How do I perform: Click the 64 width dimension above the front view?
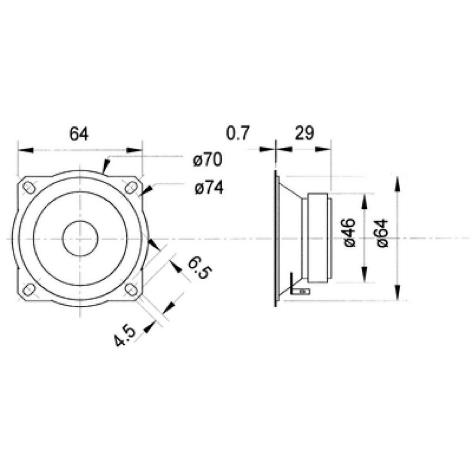coord(79,134)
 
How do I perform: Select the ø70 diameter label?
coord(207,161)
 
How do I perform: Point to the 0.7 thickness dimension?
coord(237,134)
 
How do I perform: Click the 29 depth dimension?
coord(304,134)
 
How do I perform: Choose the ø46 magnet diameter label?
coord(348,232)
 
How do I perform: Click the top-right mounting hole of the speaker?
coord(131,187)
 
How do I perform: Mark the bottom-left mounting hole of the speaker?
coord(29,290)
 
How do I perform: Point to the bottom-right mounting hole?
coord(131,290)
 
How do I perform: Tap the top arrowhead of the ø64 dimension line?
coord(398,183)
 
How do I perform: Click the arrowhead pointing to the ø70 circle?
coord(105,167)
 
